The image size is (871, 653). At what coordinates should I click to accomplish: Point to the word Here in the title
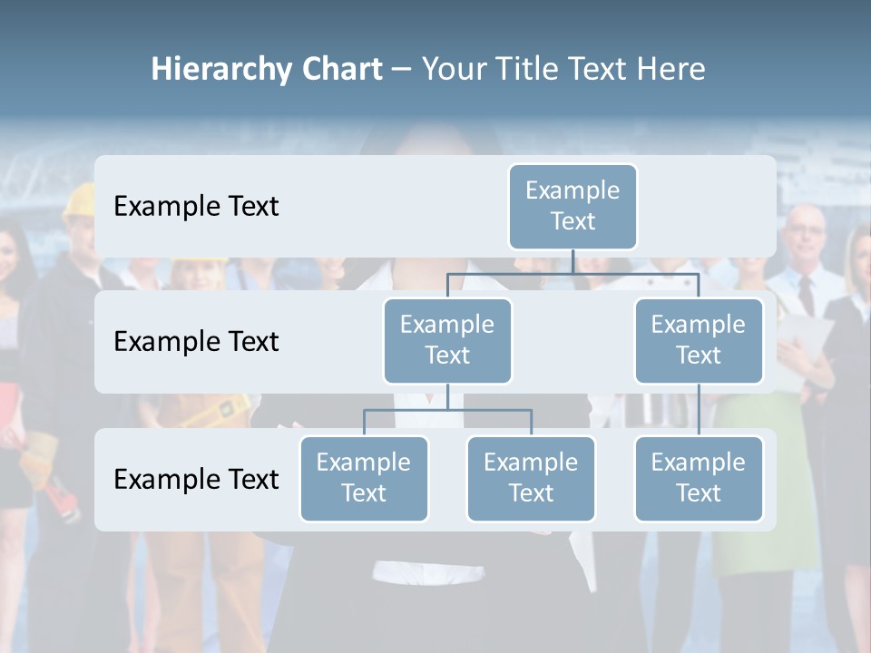click(670, 69)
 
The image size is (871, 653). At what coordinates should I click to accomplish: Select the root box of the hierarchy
click(573, 206)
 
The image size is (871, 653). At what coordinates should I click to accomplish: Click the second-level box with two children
click(447, 340)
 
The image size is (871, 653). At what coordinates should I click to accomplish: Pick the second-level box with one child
click(699, 340)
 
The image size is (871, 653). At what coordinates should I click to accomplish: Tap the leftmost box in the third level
click(364, 478)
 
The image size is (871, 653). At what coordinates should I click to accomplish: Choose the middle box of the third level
click(531, 478)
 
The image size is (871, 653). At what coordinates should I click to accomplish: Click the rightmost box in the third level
click(699, 478)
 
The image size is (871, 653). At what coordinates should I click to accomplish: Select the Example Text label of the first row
click(196, 207)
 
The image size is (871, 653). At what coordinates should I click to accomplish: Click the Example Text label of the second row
click(196, 342)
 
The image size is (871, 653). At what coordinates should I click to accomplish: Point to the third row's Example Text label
click(196, 479)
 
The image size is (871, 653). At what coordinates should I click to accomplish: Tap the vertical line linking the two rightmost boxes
click(699, 410)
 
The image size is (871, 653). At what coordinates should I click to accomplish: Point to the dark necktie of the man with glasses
click(806, 295)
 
